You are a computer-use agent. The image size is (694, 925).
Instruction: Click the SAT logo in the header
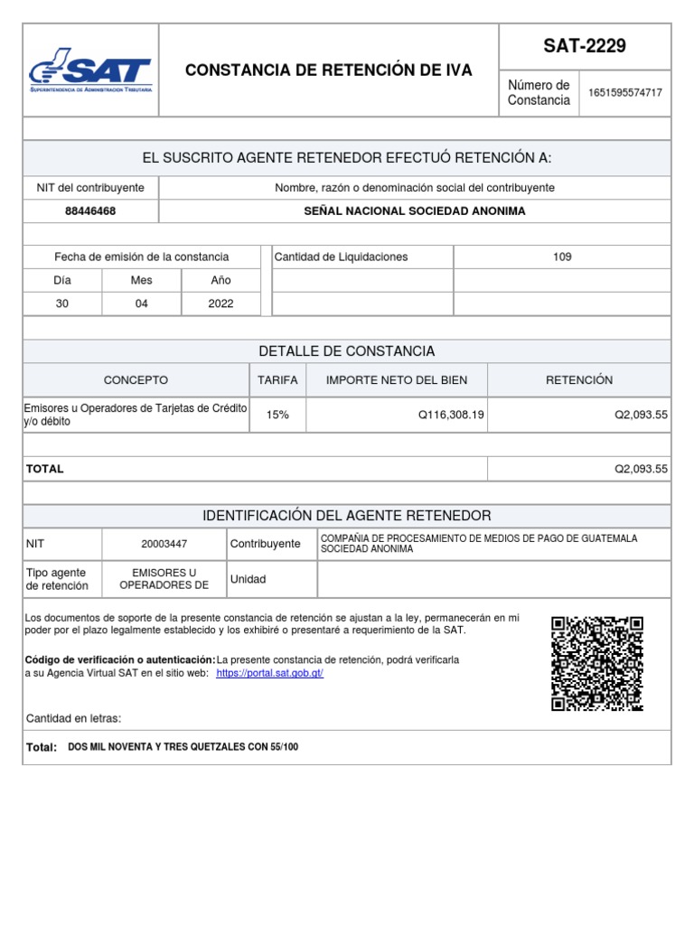tap(90, 72)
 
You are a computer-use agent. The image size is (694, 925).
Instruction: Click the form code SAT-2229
tap(585, 46)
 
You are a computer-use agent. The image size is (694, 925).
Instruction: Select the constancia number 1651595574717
tap(624, 93)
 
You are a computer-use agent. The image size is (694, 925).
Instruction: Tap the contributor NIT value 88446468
tap(90, 210)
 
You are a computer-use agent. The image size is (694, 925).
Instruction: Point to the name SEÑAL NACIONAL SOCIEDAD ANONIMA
tap(414, 210)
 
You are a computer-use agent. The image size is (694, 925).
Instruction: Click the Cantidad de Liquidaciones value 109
tap(562, 257)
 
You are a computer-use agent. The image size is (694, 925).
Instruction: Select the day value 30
tap(62, 304)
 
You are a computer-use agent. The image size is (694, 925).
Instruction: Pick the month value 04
tap(142, 304)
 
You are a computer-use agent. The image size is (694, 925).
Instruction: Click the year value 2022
tap(220, 304)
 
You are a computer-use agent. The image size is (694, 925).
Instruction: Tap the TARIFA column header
tap(277, 380)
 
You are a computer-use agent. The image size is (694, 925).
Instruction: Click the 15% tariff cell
tap(277, 415)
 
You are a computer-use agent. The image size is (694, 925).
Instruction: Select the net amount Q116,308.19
tap(451, 415)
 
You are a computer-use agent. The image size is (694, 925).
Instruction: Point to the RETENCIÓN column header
tap(579, 380)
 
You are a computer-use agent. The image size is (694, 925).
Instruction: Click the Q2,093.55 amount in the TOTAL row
tap(641, 469)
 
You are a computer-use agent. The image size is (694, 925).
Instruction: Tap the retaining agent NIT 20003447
tap(164, 544)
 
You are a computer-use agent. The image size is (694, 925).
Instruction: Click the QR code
tap(597, 663)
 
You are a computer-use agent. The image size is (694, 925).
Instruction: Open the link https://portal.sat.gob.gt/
tap(269, 674)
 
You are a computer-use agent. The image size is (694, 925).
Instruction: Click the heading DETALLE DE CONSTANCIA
tap(347, 350)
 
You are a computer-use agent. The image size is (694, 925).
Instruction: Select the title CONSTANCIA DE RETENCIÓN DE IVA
tap(328, 70)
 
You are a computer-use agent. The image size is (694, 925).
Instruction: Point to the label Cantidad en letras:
tap(73, 718)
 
